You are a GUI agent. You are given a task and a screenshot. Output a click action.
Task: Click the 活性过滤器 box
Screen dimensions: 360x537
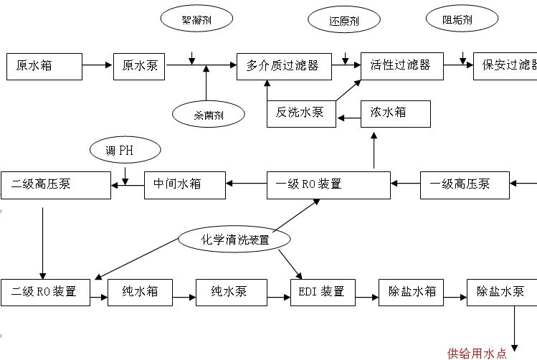(x=401, y=66)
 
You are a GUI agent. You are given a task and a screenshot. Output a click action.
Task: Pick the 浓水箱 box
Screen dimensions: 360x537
(x=395, y=113)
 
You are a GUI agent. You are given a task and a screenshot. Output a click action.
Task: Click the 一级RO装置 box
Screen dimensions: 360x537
(x=329, y=184)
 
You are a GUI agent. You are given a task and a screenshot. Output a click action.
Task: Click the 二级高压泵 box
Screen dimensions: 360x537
(x=56, y=184)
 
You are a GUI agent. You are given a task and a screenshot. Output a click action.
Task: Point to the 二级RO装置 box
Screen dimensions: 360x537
(x=45, y=292)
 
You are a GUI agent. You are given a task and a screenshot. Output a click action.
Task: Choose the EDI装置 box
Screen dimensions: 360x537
(x=322, y=292)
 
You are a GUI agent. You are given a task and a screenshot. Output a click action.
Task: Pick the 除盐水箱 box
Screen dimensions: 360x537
(x=411, y=292)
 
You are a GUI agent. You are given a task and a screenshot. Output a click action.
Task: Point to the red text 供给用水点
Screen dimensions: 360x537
(x=477, y=353)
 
